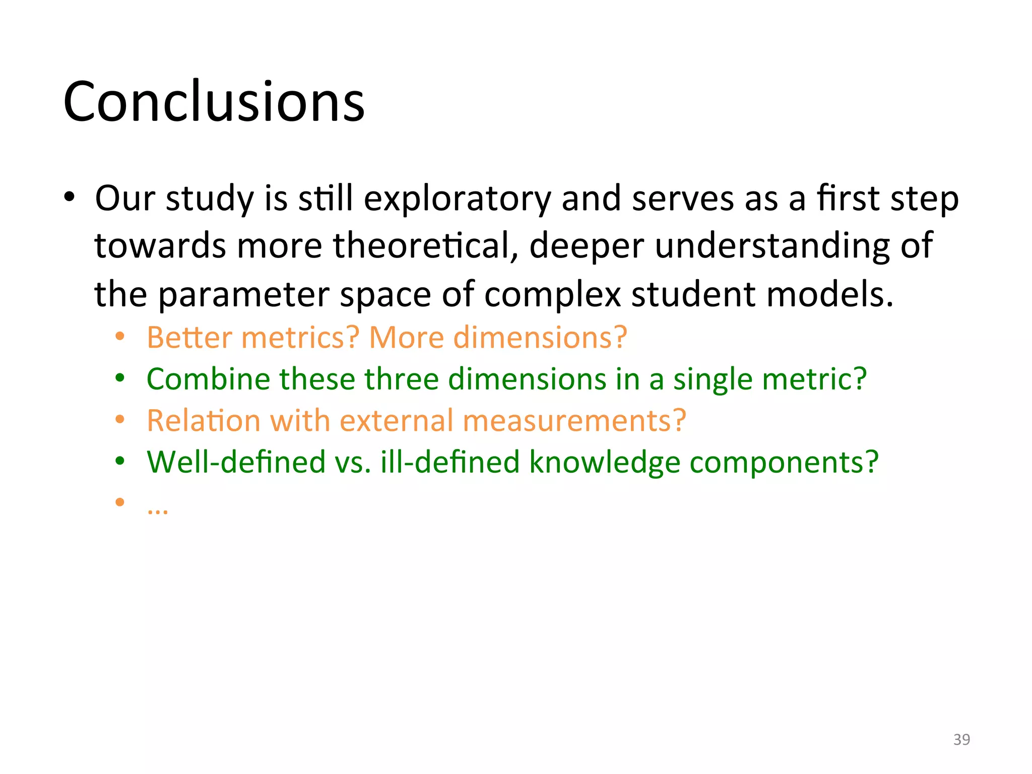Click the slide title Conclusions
214,102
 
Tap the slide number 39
961,739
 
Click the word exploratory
457,199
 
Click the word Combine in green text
208,379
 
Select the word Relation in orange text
204,420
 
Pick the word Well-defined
236,462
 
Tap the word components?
784,463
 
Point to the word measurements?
574,420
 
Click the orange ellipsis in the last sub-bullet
158,510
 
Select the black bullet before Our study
69,197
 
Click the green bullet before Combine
119,378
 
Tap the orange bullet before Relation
119,419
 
